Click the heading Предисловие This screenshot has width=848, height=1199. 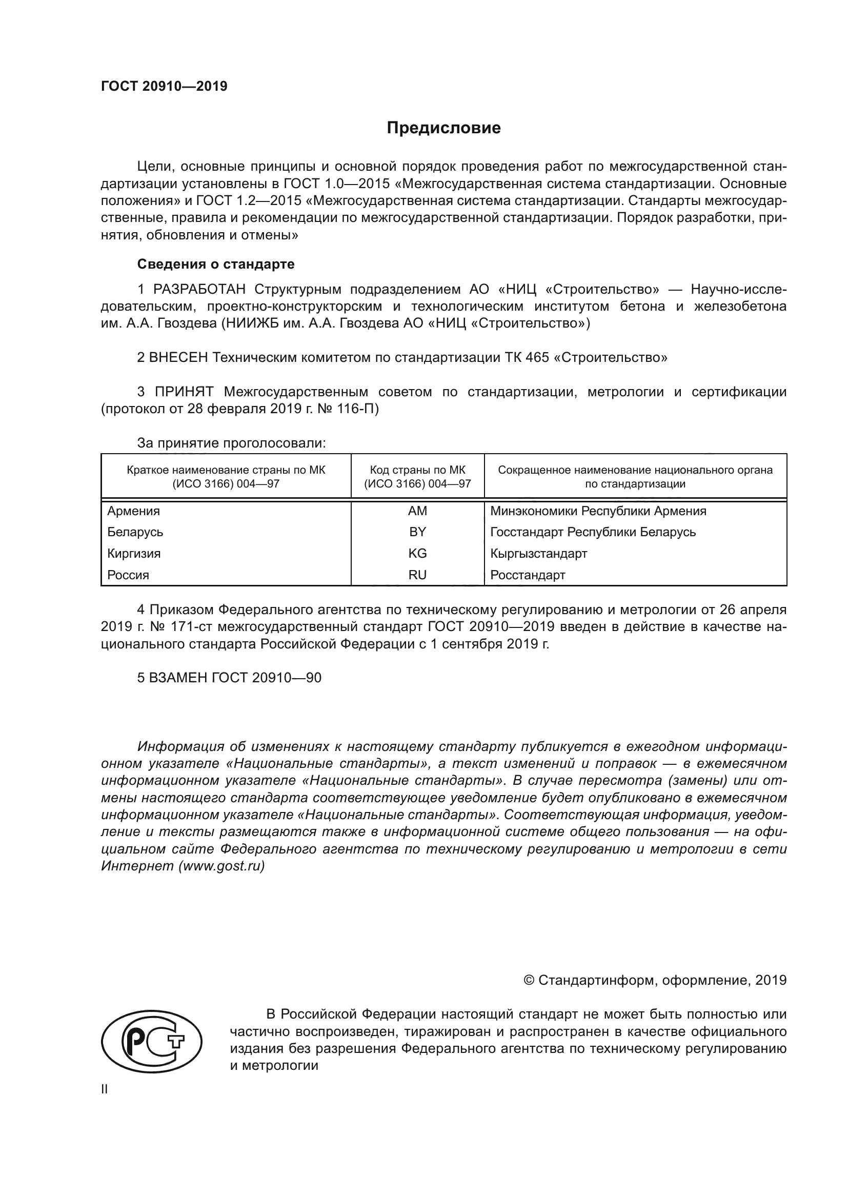pyautogui.click(x=443, y=128)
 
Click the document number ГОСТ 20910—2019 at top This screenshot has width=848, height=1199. pyautogui.click(x=164, y=86)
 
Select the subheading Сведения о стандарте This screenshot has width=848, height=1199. pyautogui.click(x=216, y=264)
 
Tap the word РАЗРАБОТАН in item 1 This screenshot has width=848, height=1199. pyautogui.click(x=199, y=289)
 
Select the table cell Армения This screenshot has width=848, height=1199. pyautogui.click(x=134, y=511)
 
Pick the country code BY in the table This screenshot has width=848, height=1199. pyautogui.click(x=417, y=532)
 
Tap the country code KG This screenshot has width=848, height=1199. pyautogui.click(x=417, y=554)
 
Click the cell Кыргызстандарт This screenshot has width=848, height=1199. pyautogui.click(x=538, y=554)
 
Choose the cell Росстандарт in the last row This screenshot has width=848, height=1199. pyautogui.click(x=528, y=576)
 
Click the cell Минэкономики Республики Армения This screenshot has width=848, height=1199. pyautogui.click(x=598, y=511)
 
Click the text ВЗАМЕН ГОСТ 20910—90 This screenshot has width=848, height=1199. pyautogui.click(x=235, y=678)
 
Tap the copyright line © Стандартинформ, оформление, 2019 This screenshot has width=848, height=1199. pyautogui.click(x=655, y=980)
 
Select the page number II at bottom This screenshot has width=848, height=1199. pyautogui.click(x=105, y=1089)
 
